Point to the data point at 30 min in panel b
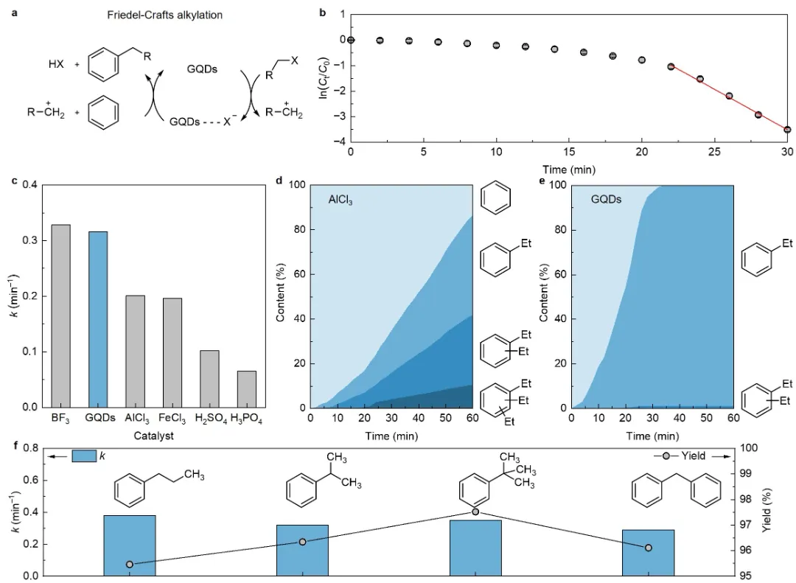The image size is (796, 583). [787, 130]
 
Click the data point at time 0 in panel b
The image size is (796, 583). [351, 40]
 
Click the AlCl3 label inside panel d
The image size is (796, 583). [341, 199]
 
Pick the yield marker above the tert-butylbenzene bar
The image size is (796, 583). [475, 512]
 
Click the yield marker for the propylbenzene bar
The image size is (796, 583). [130, 565]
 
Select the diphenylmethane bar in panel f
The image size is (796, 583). [648, 552]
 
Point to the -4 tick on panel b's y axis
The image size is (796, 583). [338, 142]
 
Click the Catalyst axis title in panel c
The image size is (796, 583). [154, 436]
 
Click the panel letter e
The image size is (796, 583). [545, 181]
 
